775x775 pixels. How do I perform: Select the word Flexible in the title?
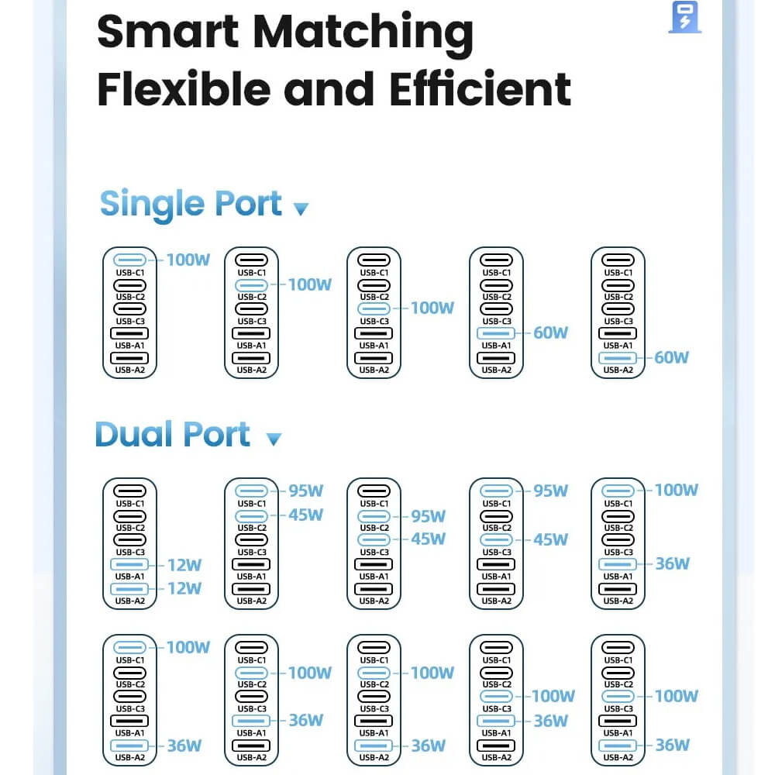click(181, 89)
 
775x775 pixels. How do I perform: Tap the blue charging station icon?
click(684, 17)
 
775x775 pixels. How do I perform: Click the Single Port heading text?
click(191, 203)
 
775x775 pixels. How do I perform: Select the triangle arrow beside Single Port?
click(301, 208)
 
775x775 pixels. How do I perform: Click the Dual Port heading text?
click(173, 434)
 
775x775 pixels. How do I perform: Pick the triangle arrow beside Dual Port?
click(274, 439)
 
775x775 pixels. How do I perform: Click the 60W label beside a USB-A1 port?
click(550, 333)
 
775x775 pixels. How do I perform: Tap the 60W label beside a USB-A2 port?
click(671, 357)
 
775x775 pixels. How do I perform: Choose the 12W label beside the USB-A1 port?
click(184, 565)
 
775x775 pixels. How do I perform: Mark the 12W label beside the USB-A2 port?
click(184, 589)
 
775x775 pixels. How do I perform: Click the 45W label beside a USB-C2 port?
click(306, 515)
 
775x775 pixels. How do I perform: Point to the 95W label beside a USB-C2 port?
click(429, 515)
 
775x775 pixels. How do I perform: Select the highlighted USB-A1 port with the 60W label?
click(497, 334)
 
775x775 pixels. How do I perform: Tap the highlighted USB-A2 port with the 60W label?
click(618, 358)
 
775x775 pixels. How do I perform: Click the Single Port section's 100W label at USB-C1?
click(188, 260)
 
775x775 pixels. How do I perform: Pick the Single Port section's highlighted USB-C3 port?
click(374, 309)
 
